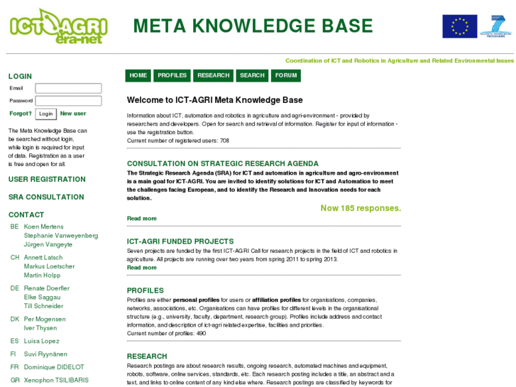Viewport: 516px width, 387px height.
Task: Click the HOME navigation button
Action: tap(138, 75)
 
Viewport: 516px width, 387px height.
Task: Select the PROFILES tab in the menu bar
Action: tap(172, 75)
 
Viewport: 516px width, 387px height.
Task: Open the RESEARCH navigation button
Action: tap(214, 75)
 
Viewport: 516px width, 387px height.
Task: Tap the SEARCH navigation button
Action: tap(252, 75)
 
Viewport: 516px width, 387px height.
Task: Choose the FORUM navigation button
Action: tap(286, 75)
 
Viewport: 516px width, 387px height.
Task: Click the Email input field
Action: tap(68, 89)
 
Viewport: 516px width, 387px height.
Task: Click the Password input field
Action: tap(68, 101)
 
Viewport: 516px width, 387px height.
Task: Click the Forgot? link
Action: tap(20, 114)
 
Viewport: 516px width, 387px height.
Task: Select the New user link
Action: tap(73, 114)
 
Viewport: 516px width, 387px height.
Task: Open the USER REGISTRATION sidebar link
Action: tap(47, 180)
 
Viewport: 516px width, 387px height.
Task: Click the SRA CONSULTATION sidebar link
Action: tap(46, 197)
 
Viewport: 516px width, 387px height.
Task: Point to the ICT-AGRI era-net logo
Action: tap(58, 26)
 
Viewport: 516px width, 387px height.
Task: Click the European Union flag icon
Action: tap(459, 26)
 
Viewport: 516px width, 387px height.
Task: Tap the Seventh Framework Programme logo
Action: tap(495, 26)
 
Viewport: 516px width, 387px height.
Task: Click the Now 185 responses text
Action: tap(361, 208)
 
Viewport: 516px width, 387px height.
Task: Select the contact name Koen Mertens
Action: tap(43, 227)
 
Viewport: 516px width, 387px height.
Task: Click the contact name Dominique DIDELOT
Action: tap(54, 367)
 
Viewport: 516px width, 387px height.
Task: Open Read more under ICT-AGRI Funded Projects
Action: tap(142, 268)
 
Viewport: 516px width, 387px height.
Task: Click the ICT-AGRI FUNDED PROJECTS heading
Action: tap(180, 241)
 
